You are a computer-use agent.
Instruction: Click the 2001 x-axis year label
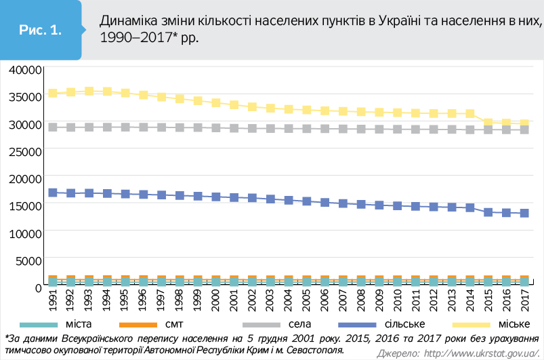(234, 299)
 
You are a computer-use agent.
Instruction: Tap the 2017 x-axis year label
(524, 299)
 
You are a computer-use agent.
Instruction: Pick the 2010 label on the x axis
(397, 299)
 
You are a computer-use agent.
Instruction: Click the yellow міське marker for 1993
(89, 91)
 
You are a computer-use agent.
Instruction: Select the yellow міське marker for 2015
(488, 123)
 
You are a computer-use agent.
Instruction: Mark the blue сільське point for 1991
(52, 193)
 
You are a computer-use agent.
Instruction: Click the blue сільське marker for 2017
(524, 213)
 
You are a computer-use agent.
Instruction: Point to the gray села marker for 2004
(288, 128)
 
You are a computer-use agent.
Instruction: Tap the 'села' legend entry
(285, 324)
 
